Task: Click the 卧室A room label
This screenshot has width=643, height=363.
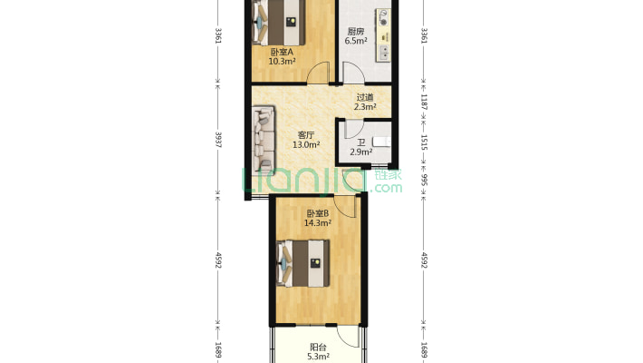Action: [282, 53]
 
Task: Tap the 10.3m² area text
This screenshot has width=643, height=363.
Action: [283, 62]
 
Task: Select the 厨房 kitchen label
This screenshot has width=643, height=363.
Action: [356, 32]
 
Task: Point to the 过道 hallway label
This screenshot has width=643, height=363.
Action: [365, 97]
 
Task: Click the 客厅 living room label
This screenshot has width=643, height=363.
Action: [306, 135]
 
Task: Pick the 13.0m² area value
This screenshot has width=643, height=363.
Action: [306, 144]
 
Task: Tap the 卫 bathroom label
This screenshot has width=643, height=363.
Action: [360, 142]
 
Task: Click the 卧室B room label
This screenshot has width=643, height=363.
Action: [318, 214]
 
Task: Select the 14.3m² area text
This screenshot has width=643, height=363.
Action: [318, 223]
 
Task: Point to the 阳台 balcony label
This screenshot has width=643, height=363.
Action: [318, 348]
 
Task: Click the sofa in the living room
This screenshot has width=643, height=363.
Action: [264, 139]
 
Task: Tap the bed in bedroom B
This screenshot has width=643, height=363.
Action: [302, 263]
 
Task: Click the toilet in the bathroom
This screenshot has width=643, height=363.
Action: [382, 142]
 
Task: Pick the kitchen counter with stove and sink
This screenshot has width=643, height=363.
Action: [383, 35]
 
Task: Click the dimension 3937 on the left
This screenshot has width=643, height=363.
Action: [218, 140]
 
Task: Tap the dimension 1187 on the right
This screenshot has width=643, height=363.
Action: [424, 103]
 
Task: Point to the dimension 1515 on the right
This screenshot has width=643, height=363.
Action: [424, 142]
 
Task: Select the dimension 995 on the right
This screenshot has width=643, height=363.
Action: [424, 180]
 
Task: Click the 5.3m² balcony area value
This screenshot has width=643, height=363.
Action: [318, 357]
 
